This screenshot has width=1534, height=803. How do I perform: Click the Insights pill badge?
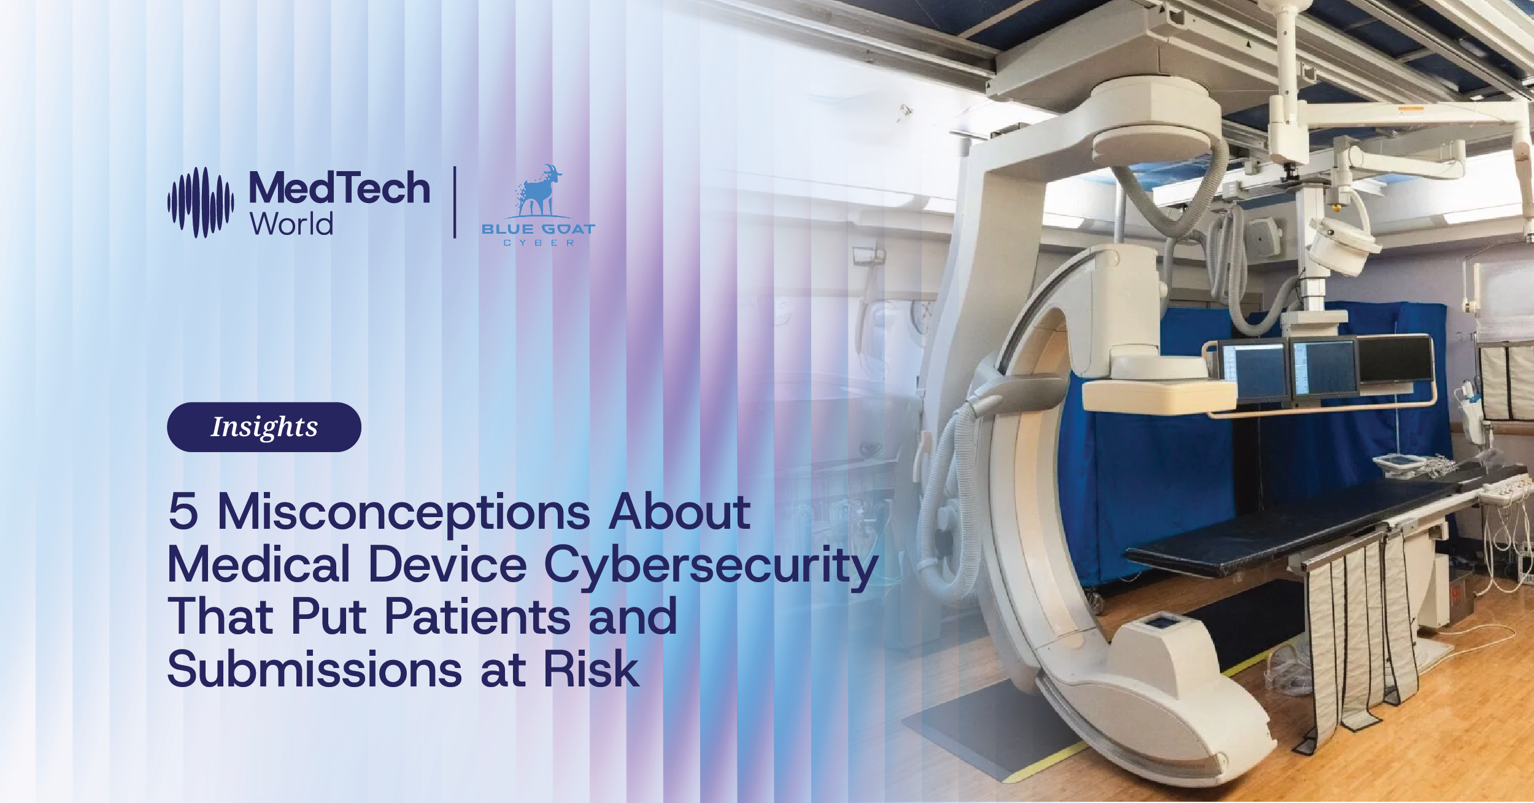[x=264, y=427]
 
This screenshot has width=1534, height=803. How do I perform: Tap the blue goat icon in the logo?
[x=539, y=191]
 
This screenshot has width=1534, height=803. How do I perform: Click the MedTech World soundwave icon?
[x=201, y=202]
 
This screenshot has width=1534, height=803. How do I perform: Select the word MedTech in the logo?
[x=339, y=188]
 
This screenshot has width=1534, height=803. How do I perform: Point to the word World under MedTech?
[x=291, y=224]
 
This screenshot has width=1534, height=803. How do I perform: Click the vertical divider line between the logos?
[x=455, y=202]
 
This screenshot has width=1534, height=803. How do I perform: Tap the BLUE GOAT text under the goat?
[x=538, y=229]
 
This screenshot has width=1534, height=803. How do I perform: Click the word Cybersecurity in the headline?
[x=711, y=566]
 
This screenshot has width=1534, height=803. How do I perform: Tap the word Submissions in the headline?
[x=314, y=669]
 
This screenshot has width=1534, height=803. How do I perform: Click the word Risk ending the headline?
[x=591, y=669]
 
